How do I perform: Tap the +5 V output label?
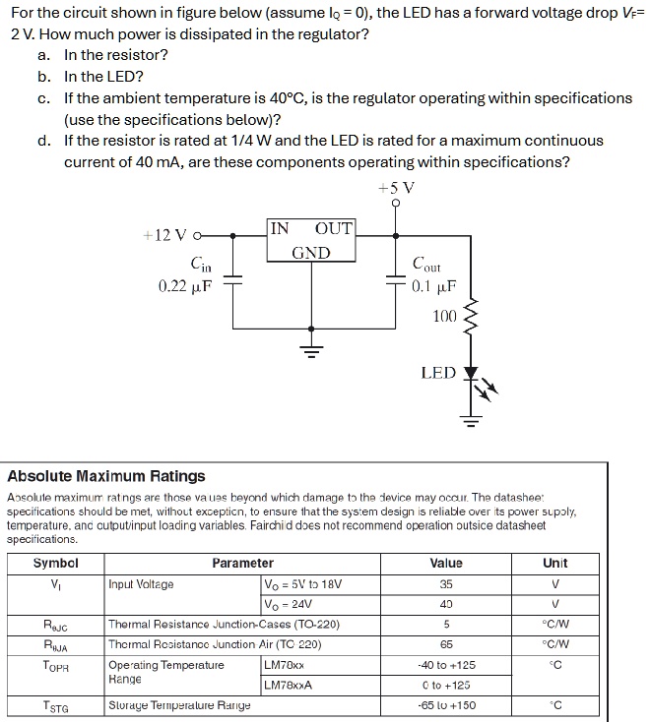coord(396,188)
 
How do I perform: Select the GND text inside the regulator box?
coord(311,253)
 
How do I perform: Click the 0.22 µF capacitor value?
coord(185,286)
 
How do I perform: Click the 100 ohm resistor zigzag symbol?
coord(470,317)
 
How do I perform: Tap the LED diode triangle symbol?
coord(470,375)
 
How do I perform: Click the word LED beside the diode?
coord(438,373)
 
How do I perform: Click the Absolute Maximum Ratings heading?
coord(106,476)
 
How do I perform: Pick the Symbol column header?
coord(55,564)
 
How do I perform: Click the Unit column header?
coord(555,564)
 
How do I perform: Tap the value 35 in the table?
coord(446,583)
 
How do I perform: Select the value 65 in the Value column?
coord(446,644)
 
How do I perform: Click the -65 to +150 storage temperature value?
coord(446,705)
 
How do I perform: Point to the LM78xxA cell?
coord(289,685)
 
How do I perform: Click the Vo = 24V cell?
coord(288,604)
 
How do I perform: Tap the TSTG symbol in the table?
coord(55,705)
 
